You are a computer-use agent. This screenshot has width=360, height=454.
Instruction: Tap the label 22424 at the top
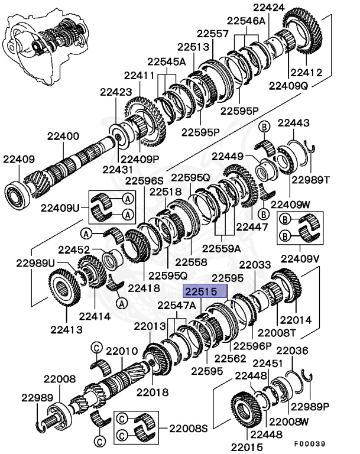[268, 8]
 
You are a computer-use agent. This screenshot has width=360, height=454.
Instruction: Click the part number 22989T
[310, 179]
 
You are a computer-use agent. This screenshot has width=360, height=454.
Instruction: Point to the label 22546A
[247, 21]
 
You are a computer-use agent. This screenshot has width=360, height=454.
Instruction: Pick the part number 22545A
[166, 61]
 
